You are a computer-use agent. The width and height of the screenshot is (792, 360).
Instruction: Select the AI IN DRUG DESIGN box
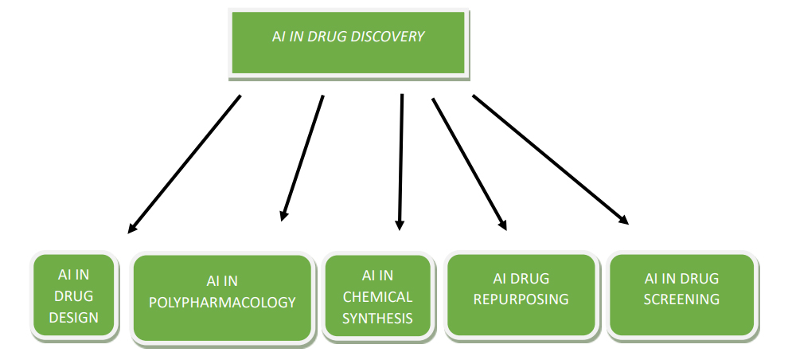click(x=74, y=296)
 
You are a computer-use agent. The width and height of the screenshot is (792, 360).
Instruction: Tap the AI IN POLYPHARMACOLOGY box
click(x=222, y=296)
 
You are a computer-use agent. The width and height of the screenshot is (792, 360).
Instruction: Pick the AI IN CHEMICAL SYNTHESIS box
click(x=378, y=297)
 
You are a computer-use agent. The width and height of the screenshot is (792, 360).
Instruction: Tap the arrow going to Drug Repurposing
click(x=468, y=163)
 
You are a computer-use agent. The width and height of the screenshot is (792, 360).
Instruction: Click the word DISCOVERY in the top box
click(x=390, y=37)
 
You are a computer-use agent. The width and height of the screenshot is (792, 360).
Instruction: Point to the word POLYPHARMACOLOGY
click(x=222, y=303)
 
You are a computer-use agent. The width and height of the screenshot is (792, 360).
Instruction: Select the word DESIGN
click(x=74, y=318)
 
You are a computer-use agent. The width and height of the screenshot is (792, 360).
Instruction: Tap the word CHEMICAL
click(x=378, y=297)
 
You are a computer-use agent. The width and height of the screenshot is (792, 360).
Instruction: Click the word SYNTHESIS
click(x=378, y=319)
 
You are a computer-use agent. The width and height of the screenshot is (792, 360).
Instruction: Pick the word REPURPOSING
click(x=521, y=299)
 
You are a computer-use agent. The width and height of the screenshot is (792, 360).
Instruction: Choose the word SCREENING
click(x=681, y=299)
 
